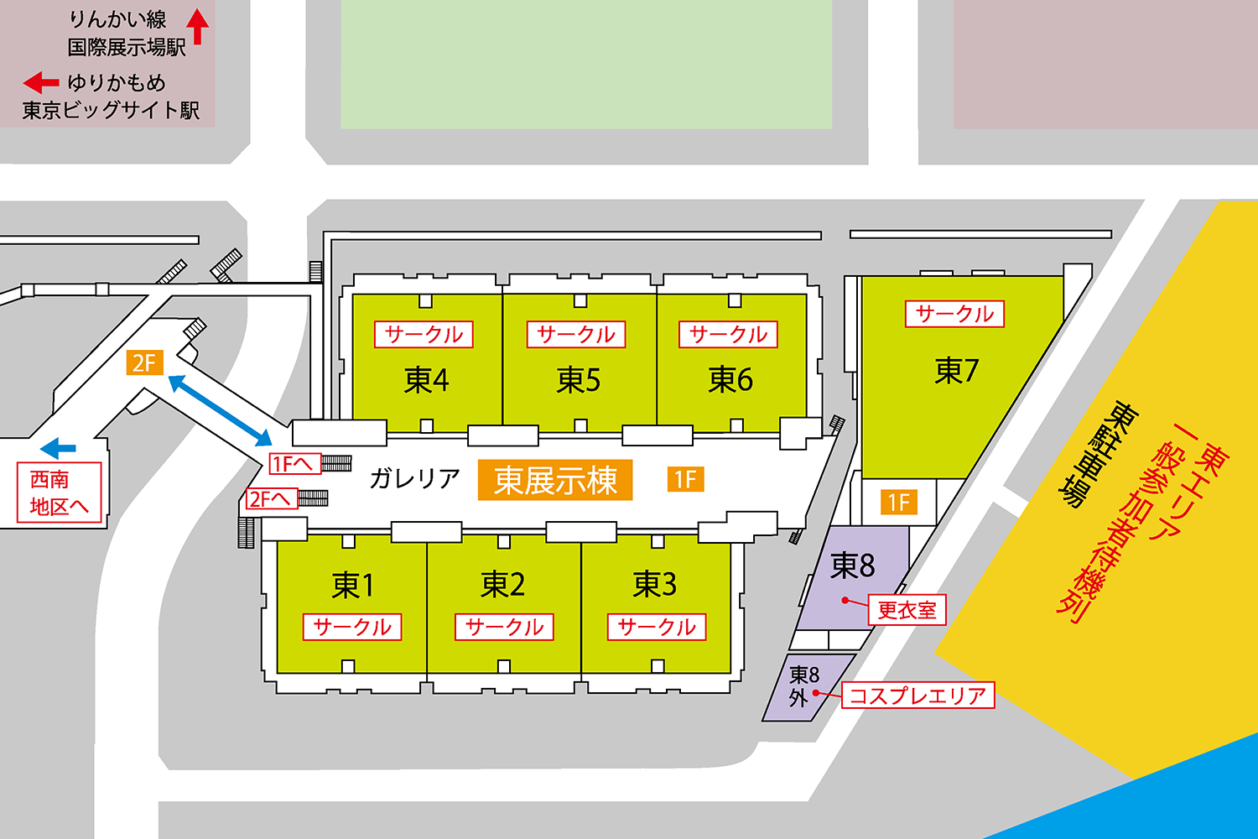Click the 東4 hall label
tap(426, 380)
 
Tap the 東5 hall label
tap(579, 380)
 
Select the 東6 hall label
tap(730, 379)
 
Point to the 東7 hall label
tap(956, 370)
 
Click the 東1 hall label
tap(352, 585)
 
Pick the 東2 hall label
tap(503, 584)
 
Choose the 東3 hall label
tap(655, 584)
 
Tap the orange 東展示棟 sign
tap(555, 480)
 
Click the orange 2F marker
tap(144, 362)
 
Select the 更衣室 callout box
tap(907, 610)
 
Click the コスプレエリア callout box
tap(918, 696)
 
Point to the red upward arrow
tap(197, 26)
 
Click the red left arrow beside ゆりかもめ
tap(41, 82)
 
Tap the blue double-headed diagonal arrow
tap(220, 410)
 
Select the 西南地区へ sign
tap(60, 492)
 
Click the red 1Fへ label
tap(295, 463)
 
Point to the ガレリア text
tap(414, 478)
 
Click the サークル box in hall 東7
tap(954, 314)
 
